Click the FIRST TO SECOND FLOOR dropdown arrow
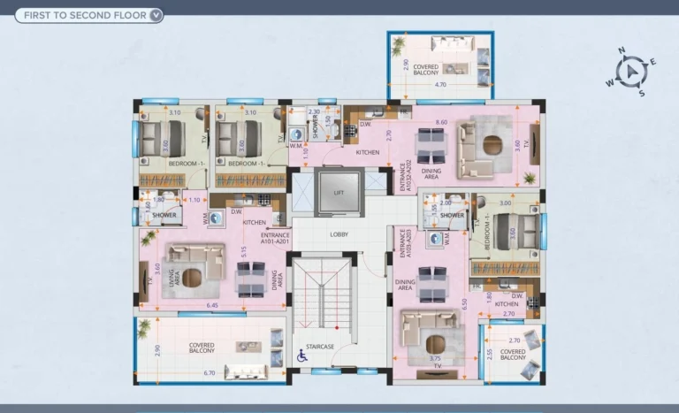(156, 15)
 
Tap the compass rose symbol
(631, 72)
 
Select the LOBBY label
(339, 234)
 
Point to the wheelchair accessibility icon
(301, 356)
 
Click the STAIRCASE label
(319, 346)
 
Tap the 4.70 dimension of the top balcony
(441, 85)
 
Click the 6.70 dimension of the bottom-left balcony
(210, 373)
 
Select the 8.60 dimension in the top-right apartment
(442, 122)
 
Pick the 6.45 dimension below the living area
(212, 305)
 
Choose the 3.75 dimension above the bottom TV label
(434, 358)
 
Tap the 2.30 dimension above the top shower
(314, 111)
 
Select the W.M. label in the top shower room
(296, 146)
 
